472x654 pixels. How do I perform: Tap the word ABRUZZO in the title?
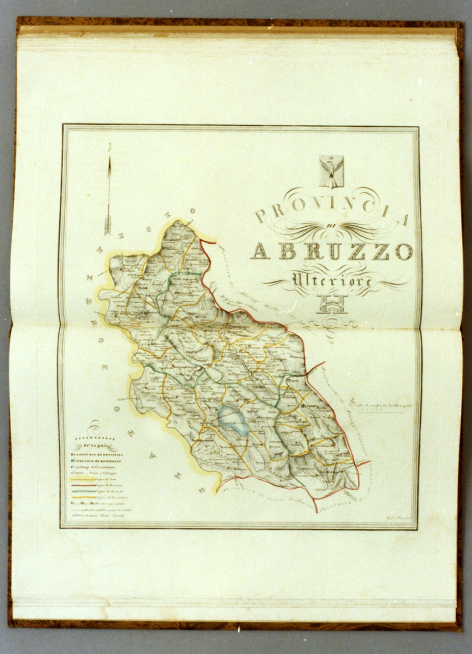332,251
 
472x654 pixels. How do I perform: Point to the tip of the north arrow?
109,153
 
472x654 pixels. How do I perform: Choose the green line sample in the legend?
82,491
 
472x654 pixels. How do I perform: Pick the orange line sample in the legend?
82,497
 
